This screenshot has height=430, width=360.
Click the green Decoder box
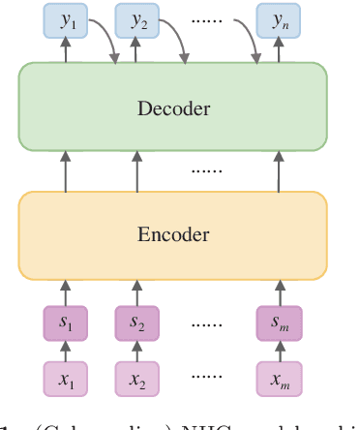pos(173,107)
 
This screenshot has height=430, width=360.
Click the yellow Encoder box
pos(173,233)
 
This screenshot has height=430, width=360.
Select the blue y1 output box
pos(66,19)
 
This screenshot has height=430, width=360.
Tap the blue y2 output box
pos(136,19)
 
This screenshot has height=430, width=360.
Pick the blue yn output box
pos(278,19)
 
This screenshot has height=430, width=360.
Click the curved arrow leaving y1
pos(105,37)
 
